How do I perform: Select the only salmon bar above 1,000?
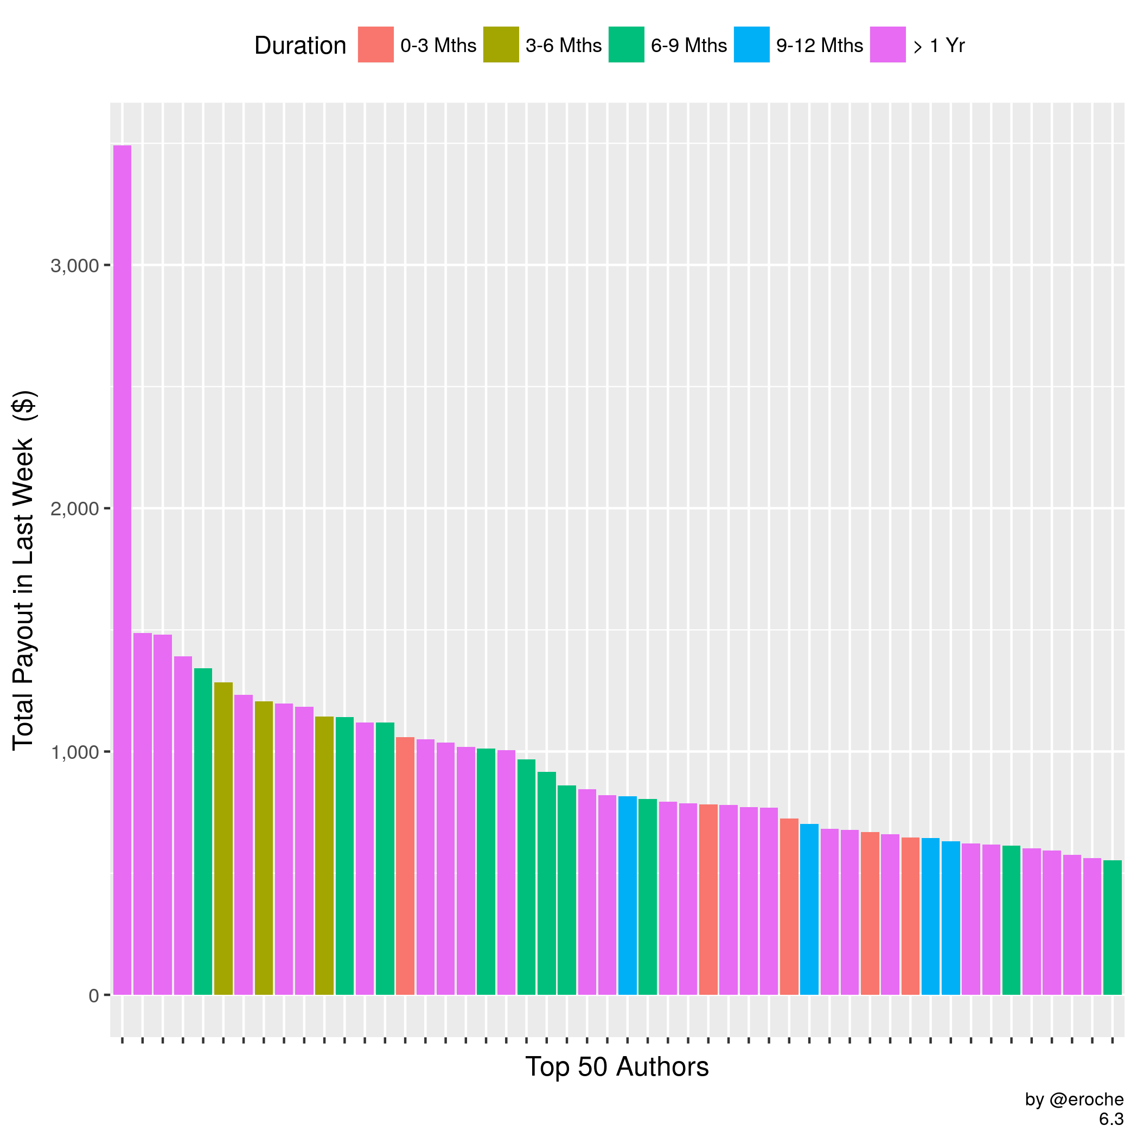[405, 866]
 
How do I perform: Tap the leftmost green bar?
[203, 830]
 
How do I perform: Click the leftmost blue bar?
[628, 896]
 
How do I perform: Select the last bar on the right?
[1112, 928]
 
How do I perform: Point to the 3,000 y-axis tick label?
[74, 266]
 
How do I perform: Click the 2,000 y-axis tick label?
[74, 509]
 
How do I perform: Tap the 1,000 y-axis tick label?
[74, 752]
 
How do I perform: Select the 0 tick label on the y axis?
[94, 996]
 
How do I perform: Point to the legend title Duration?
[300, 46]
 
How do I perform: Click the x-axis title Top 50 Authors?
[617, 1067]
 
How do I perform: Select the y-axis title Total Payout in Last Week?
[23, 570]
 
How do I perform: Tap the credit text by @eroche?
[1074, 1099]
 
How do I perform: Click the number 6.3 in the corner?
[1111, 1119]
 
